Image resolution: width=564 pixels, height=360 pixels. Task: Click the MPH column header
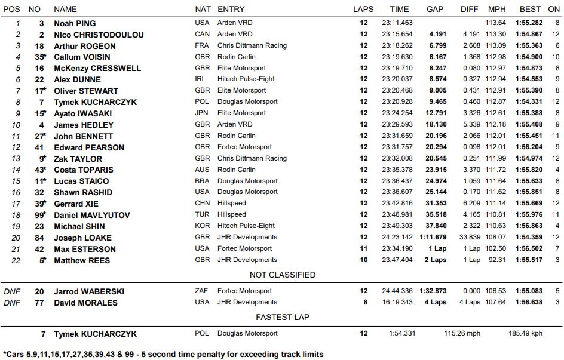[x=496, y=10]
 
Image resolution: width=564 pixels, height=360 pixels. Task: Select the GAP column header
[x=435, y=10]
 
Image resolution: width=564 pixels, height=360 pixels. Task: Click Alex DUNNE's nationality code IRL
[x=201, y=79]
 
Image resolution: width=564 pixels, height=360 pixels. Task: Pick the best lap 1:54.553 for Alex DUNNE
[x=529, y=79]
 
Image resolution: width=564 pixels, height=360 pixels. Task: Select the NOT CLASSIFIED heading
[x=283, y=275]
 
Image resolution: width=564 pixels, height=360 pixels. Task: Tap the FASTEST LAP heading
[x=283, y=317]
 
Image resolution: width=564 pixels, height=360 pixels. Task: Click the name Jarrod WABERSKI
[x=89, y=291]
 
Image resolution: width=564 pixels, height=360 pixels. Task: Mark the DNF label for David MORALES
[x=12, y=303]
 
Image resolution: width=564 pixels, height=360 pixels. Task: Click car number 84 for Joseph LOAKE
[x=39, y=238]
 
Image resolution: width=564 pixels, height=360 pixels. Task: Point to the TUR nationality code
[x=202, y=215]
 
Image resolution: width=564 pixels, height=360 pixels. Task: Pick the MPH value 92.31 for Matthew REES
[x=497, y=260]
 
